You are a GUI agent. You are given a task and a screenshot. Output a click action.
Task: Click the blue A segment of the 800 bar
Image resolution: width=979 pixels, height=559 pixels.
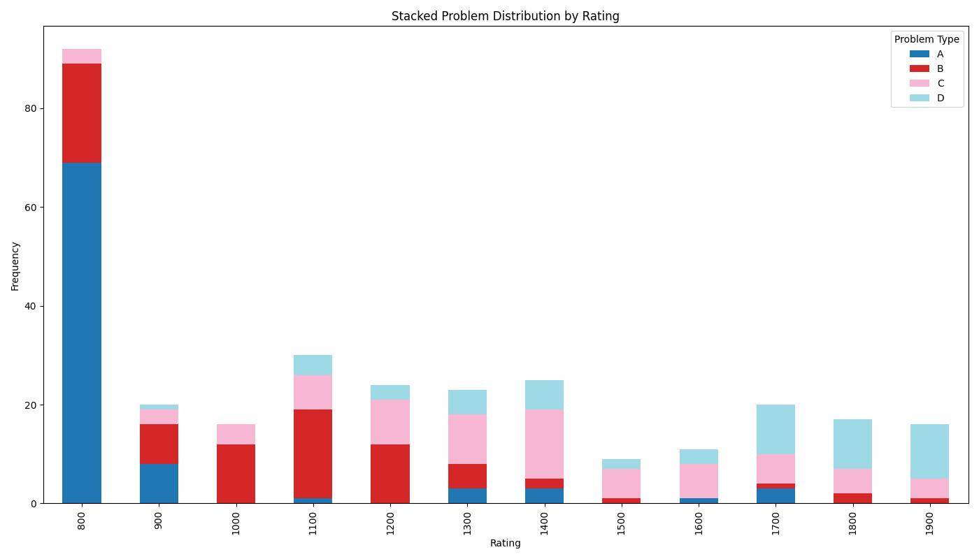82,333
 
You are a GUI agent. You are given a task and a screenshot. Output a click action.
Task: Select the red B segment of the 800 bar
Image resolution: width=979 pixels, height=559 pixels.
82,113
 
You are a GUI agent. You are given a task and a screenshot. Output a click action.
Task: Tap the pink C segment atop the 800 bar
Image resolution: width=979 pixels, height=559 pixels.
82,56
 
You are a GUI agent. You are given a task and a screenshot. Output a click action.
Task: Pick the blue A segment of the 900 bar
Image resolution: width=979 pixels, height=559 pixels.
159,484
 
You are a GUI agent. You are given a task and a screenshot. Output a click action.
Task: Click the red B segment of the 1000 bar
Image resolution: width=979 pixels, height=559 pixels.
236,474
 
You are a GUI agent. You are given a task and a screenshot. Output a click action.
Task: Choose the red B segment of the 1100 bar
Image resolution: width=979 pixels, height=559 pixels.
313,454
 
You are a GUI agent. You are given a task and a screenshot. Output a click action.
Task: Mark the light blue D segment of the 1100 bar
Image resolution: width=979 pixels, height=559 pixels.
313,365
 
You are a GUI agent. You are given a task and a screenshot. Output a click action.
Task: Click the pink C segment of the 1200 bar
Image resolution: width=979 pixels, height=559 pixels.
390,422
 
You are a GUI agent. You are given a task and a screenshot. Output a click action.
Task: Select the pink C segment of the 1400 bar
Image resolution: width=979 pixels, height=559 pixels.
544,444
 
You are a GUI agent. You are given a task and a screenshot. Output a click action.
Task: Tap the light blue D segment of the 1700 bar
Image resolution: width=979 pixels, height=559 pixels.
776,430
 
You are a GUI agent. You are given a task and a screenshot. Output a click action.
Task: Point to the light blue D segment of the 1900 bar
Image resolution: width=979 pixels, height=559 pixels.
929,451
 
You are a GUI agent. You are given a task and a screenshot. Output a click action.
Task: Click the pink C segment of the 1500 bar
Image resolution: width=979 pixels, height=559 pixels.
621,484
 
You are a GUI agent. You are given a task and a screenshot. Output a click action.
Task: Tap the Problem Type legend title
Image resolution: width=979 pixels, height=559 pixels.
927,40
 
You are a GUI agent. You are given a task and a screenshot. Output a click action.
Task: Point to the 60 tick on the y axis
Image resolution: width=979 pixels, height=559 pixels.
30,208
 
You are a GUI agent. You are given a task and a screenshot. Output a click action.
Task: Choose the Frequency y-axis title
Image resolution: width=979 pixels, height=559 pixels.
15,266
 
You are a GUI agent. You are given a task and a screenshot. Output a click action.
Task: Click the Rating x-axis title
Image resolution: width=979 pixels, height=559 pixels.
505,544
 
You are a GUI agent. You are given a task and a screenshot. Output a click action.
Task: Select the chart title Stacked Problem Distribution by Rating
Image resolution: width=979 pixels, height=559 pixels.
505,16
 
